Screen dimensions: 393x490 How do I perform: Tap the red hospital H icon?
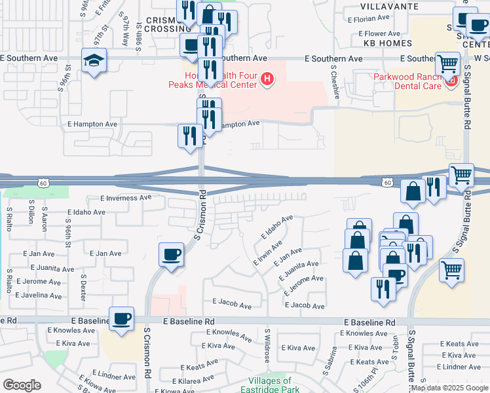(267, 80)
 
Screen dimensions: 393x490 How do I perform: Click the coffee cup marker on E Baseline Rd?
(122, 319)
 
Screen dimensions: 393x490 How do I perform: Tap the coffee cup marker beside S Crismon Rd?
(172, 254)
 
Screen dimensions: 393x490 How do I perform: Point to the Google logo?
(22, 385)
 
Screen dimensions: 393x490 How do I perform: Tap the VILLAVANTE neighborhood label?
(375, 6)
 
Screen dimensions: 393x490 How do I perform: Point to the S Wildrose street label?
(267, 344)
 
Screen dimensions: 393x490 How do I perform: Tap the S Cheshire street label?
(335, 81)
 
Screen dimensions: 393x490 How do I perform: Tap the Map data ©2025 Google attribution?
(449, 388)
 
